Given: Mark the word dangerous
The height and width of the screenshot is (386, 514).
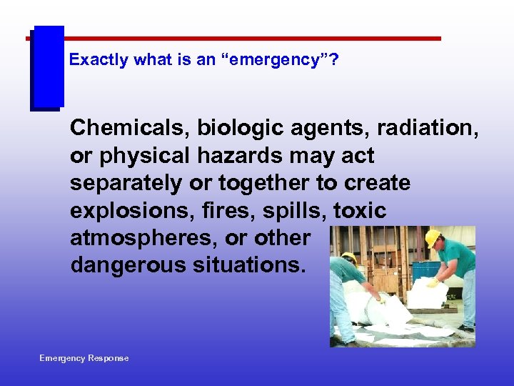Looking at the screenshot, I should [x=128, y=266].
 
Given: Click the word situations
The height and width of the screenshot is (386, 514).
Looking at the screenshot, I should [x=249, y=266].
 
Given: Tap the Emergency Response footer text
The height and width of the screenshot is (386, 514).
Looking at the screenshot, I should [x=84, y=358].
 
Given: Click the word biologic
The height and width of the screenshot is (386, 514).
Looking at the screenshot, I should [x=241, y=128].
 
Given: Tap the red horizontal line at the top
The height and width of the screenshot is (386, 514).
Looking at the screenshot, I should [x=250, y=39].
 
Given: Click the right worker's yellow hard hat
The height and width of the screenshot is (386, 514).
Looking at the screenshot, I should [x=433, y=237].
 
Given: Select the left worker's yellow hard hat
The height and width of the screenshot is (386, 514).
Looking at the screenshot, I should [x=349, y=257].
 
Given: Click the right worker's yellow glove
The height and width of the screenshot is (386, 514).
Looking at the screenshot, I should [x=433, y=282].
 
